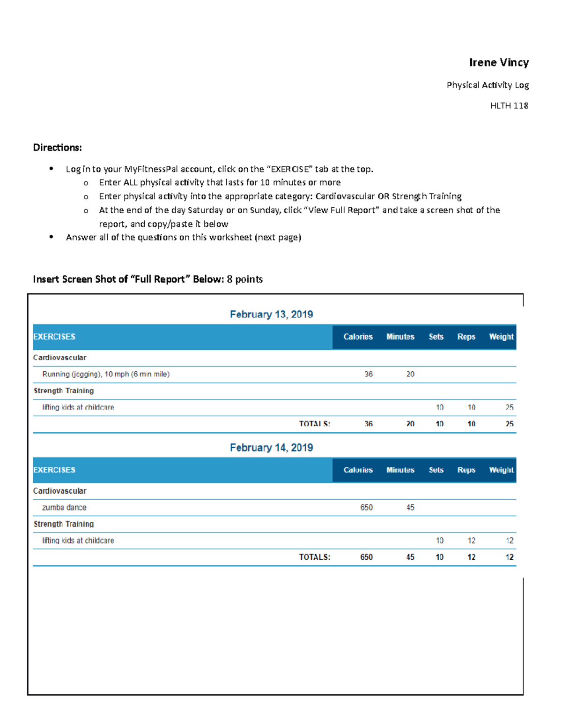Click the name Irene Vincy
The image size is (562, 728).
499,62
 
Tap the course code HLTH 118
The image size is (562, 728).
509,105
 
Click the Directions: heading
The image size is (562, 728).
57,148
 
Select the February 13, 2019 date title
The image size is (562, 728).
271,314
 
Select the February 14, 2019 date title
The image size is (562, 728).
271,447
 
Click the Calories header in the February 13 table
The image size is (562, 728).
358,337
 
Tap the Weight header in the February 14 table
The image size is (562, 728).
501,470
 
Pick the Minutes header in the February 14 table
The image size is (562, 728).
400,470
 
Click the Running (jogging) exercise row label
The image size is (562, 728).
106,374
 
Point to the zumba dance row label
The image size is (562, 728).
64,507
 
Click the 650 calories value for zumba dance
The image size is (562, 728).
366,507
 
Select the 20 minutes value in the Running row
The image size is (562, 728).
410,374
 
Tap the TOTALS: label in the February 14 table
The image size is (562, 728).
315,557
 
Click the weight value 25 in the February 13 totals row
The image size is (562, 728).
510,424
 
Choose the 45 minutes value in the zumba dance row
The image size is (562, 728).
410,507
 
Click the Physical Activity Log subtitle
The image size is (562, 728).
488,85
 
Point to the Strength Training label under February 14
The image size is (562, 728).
64,524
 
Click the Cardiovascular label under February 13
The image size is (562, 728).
59,357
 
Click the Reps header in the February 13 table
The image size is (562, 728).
466,337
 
